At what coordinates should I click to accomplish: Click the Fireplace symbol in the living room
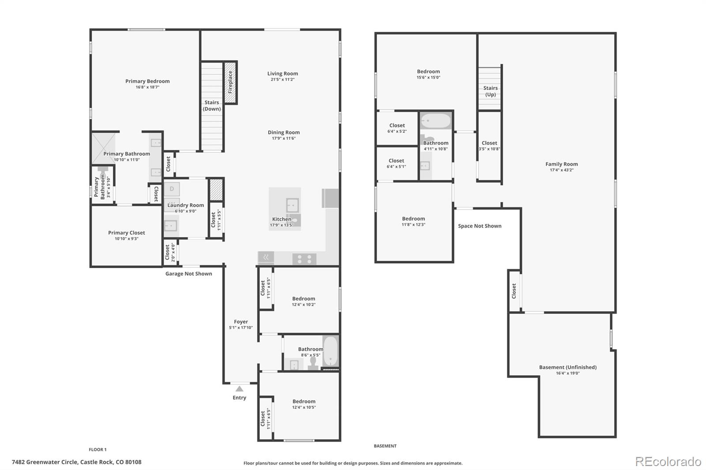230,82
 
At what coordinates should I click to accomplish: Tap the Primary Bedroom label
147,81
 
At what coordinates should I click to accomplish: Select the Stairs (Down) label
212,105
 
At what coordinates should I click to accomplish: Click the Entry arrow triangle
239,389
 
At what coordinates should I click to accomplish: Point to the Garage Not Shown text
188,274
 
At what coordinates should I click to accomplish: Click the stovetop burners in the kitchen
304,259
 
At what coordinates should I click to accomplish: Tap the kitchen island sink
292,205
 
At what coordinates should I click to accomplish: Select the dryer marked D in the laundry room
172,189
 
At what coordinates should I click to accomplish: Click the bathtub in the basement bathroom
436,121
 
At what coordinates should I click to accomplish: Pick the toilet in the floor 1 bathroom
313,362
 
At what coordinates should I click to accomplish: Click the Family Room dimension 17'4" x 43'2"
561,170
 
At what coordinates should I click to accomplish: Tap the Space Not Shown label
480,226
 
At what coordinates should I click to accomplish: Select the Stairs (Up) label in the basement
490,91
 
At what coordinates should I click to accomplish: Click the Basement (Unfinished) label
567,367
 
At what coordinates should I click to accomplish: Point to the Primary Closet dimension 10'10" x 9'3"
127,239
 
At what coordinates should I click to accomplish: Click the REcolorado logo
668,462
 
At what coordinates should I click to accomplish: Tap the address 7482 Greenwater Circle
77,462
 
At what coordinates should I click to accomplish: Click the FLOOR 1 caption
98,450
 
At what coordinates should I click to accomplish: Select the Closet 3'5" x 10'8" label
489,146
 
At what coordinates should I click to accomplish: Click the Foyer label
241,322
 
